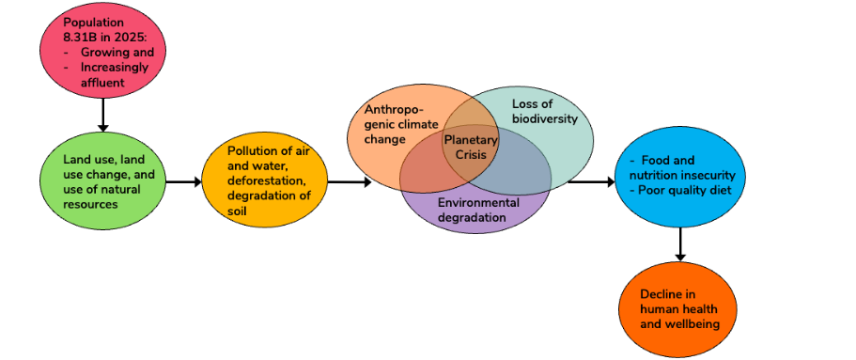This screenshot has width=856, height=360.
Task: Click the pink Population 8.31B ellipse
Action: (101, 55)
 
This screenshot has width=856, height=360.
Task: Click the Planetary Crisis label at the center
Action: (470, 147)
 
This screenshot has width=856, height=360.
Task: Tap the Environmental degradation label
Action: (477, 210)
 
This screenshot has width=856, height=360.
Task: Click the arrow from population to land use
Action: (101, 117)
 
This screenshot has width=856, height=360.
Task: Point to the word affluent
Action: (101, 83)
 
